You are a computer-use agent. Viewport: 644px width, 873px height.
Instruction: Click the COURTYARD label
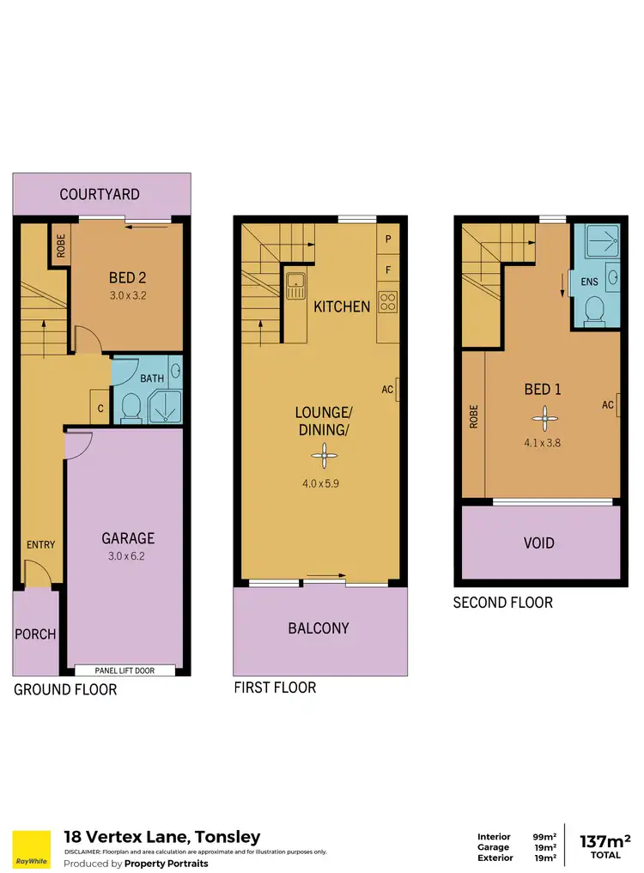click(100, 195)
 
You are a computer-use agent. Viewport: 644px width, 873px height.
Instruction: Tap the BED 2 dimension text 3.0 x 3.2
click(127, 295)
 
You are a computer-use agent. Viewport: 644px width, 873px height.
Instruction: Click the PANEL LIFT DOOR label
click(125, 670)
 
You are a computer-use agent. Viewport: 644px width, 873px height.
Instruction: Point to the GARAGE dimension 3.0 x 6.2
click(127, 555)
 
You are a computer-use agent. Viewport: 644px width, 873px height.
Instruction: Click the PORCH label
click(35, 634)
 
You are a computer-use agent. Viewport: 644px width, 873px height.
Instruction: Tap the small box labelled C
click(100, 408)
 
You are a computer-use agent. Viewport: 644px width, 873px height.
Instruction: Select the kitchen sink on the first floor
click(296, 284)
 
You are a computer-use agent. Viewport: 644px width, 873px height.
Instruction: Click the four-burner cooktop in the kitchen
click(387, 301)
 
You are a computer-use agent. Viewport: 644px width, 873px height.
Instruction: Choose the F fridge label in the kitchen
click(388, 270)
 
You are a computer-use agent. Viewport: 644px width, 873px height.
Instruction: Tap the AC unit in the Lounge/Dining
click(398, 391)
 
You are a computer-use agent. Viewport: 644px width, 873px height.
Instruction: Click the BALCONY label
click(319, 628)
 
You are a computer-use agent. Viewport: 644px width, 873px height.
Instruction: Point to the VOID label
click(538, 543)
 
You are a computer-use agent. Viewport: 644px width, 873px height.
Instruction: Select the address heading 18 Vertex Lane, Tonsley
click(162, 837)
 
